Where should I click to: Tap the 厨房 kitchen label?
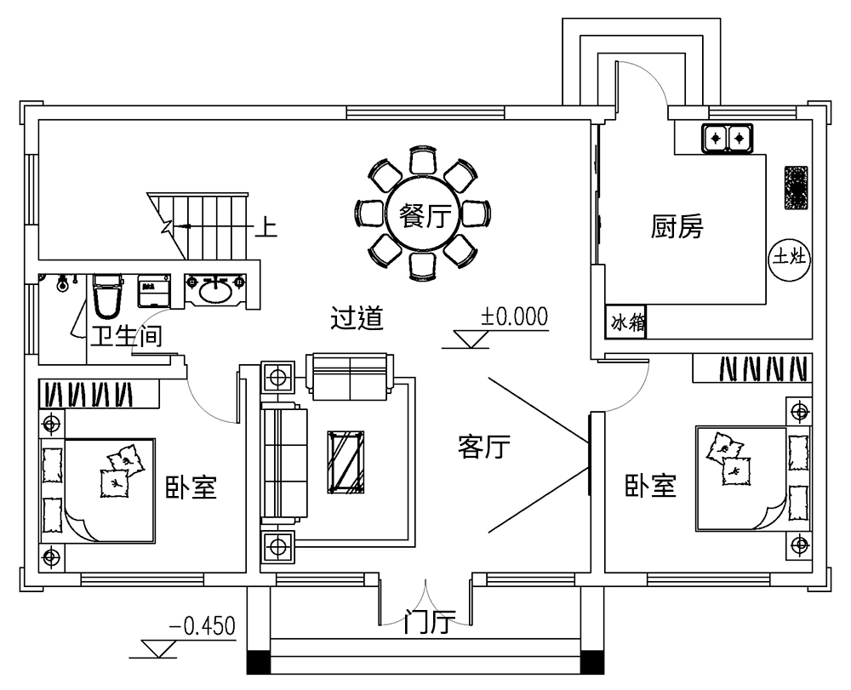click(677, 227)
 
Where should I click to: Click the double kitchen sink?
click(728, 136)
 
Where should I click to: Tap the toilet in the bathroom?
click(106, 295)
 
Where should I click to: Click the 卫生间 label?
click(126, 337)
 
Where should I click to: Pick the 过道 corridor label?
click(357, 318)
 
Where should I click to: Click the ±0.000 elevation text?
click(514, 317)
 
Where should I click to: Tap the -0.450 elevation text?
click(202, 627)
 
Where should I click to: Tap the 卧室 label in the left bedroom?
click(191, 488)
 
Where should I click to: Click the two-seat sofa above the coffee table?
click(349, 376)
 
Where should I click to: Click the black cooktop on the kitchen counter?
click(796, 188)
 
